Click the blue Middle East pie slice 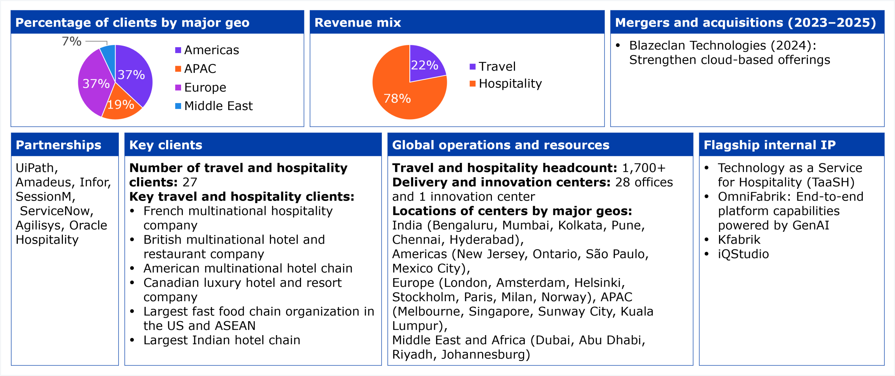(x=109, y=56)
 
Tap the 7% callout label (x=72, y=41)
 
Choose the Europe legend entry (x=205, y=87)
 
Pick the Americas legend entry (x=211, y=50)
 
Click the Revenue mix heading (x=358, y=23)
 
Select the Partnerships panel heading (x=58, y=145)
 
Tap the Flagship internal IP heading (x=769, y=145)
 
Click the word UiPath (x=35, y=168)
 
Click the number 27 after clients (x=190, y=182)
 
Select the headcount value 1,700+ (x=644, y=168)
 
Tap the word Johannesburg (x=485, y=355)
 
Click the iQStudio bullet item (x=743, y=254)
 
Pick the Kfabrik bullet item (x=739, y=240)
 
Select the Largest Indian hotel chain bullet (x=222, y=340)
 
